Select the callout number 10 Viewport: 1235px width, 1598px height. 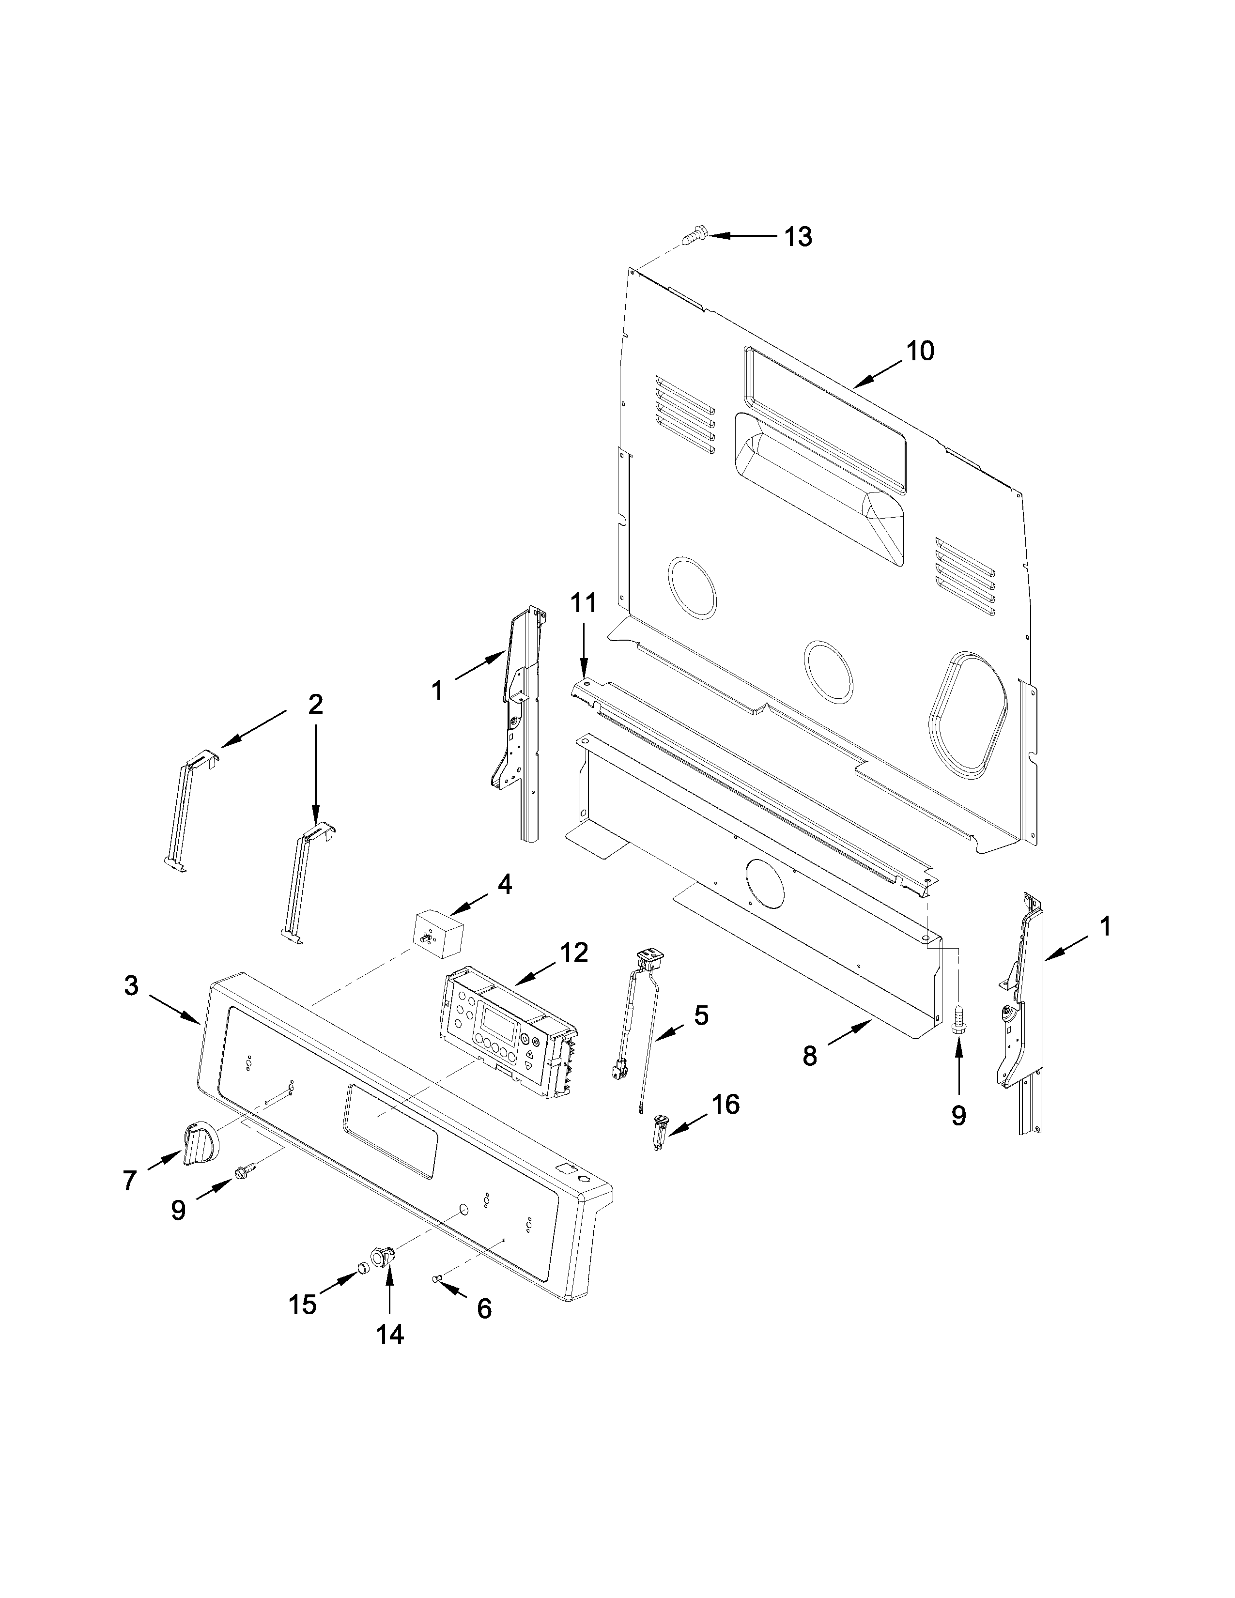pos(920,351)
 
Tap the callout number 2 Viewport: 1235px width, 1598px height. pos(315,704)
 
